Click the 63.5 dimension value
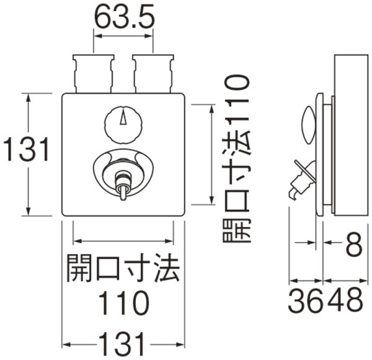point(123,19)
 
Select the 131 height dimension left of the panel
point(25,151)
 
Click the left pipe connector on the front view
point(94,73)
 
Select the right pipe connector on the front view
point(153,73)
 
